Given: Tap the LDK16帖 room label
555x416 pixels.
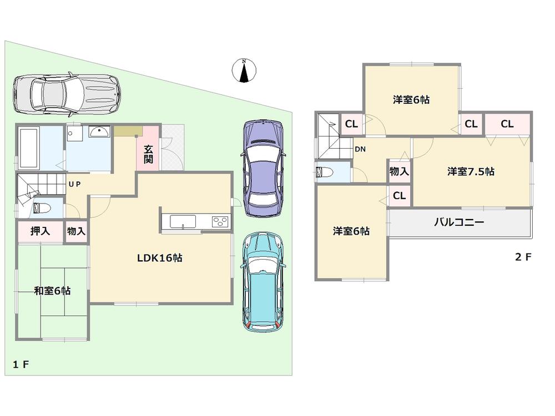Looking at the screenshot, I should (x=160, y=258).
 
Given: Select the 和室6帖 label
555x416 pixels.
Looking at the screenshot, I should (x=52, y=291).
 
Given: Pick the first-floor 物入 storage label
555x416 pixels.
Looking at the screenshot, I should (x=76, y=231).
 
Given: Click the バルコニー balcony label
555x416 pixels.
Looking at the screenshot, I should (x=459, y=224).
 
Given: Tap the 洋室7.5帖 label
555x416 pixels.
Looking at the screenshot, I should (x=471, y=172).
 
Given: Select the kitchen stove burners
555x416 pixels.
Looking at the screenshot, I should (x=219, y=222).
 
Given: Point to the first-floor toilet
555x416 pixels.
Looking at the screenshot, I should (x=42, y=209).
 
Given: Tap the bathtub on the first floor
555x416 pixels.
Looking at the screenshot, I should (x=28, y=147).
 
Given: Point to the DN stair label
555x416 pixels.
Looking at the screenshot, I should (x=360, y=149).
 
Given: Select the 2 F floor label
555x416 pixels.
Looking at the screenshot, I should (x=523, y=257).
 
